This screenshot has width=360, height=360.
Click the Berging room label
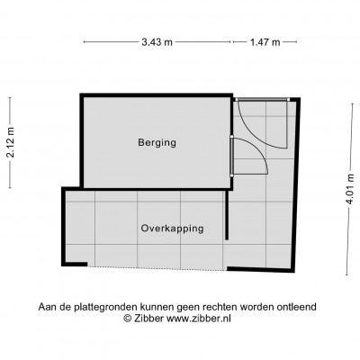157,142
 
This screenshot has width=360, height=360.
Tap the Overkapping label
173,229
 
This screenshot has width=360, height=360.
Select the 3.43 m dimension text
157,42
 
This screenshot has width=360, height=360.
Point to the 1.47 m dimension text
265,42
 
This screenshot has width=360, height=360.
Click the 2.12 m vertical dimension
11,142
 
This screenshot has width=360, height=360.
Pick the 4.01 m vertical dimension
351,190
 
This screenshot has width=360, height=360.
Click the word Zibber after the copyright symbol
149,318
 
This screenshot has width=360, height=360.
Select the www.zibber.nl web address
199,318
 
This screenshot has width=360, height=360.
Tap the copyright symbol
128,318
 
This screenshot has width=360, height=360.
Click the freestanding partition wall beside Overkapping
227,215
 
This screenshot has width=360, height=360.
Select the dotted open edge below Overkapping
157,268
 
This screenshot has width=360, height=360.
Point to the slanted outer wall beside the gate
295,185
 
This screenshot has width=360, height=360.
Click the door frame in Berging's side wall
232,156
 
